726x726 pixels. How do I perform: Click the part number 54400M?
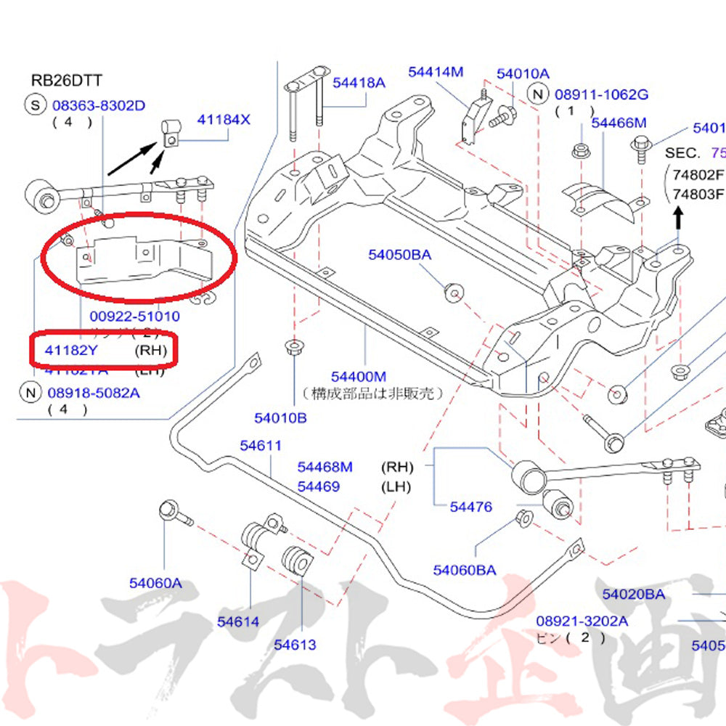[359, 376]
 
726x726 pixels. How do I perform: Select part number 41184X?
[224, 119]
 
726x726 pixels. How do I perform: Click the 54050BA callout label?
[399, 254]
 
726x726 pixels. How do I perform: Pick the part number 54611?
[261, 446]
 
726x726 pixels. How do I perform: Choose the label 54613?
[295, 644]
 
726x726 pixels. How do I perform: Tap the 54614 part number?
[237, 621]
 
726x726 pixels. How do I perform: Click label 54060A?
[155, 582]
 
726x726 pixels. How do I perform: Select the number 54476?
[470, 507]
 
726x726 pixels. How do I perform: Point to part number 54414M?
[436, 71]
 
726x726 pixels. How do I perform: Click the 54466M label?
[619, 123]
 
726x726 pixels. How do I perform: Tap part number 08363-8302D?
[99, 105]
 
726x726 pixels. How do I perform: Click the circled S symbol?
[35, 105]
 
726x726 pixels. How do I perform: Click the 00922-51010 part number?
[134, 316]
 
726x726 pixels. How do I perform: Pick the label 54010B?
[280, 417]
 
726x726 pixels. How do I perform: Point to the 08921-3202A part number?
[582, 621]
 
